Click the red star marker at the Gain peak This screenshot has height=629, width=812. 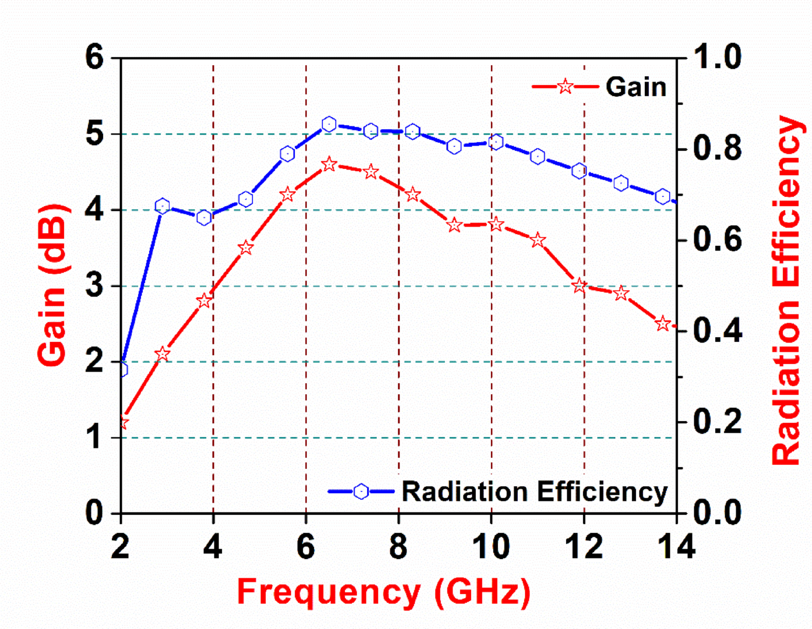(x=329, y=164)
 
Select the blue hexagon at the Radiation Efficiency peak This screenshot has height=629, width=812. (x=329, y=124)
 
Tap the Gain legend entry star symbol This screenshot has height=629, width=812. (x=564, y=87)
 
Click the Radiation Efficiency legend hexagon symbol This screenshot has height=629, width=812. (x=361, y=492)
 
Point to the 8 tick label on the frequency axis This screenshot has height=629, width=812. (x=398, y=546)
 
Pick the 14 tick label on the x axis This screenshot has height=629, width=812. (x=676, y=546)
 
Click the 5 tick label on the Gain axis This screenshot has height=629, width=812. (x=94, y=134)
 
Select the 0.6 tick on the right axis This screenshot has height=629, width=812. (x=718, y=239)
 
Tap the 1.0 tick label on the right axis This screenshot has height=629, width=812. (x=718, y=58)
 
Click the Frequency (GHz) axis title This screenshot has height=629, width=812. (x=384, y=592)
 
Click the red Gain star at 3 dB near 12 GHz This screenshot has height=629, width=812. (x=579, y=285)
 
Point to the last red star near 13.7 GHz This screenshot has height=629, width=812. (x=662, y=323)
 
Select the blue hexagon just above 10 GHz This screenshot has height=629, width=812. (x=496, y=142)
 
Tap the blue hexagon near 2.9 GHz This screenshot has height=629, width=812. (x=163, y=206)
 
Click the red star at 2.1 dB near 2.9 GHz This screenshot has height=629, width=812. (x=163, y=354)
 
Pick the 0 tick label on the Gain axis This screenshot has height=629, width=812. (x=94, y=513)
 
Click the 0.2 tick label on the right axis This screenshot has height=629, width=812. (x=718, y=421)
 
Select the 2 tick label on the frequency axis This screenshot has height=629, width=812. (x=120, y=546)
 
